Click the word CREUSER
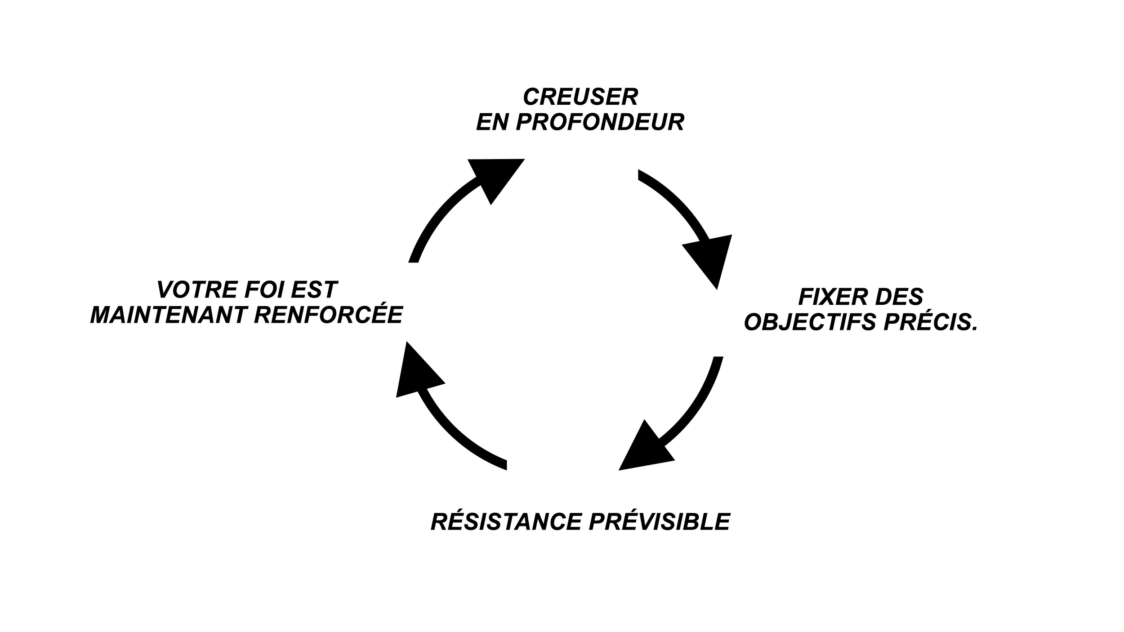tap(580, 97)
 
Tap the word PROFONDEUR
tap(600, 122)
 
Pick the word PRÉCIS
tap(926, 322)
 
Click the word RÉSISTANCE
tap(506, 522)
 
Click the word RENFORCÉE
tap(328, 315)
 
